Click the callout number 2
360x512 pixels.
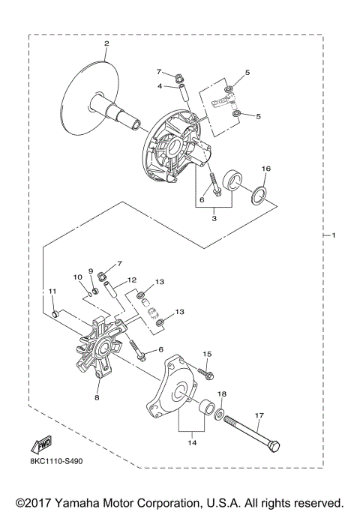pos(106,43)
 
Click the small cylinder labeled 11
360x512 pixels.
pos(54,310)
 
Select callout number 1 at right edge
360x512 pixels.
pos(334,236)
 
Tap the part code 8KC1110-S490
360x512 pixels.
pos(57,463)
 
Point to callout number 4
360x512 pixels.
pos(160,86)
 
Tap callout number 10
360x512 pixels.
pos(77,277)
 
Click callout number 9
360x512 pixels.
pos(91,271)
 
